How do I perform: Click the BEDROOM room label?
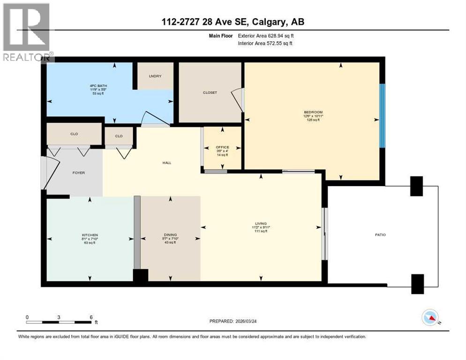(313, 112)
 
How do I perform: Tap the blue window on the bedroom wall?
(382, 116)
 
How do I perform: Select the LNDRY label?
(155, 76)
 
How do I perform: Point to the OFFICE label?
(222, 147)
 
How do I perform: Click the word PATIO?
(380, 234)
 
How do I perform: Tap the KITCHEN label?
(89, 235)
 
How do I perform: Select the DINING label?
(170, 235)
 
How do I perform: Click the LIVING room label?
(261, 224)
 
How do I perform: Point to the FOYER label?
(78, 172)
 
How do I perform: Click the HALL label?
(166, 163)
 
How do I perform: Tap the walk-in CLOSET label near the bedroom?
(210, 92)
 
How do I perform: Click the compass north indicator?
(430, 318)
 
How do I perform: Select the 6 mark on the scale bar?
(91, 317)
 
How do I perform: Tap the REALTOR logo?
(27, 32)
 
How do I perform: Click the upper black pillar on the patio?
(416, 186)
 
